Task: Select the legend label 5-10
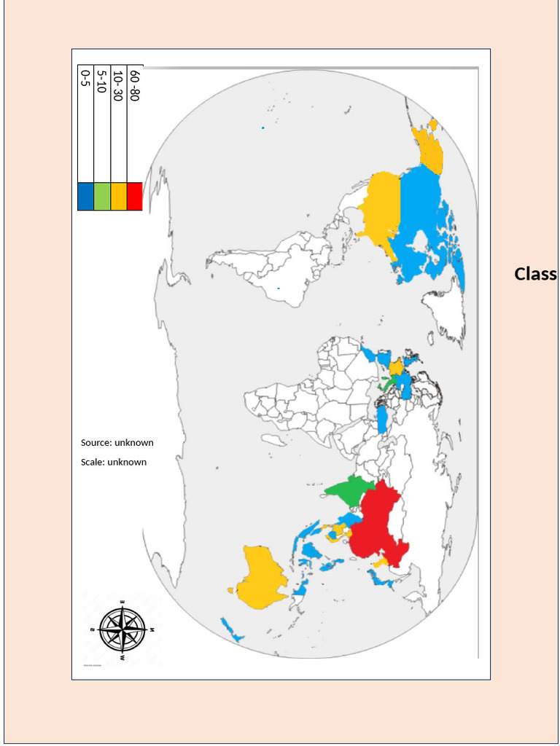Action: click(x=101, y=82)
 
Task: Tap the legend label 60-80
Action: click(x=133, y=85)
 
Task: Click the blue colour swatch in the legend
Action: click(x=85, y=196)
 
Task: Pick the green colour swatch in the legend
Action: click(x=101, y=196)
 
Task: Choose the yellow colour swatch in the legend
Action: click(x=118, y=196)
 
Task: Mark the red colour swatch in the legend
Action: click(x=134, y=196)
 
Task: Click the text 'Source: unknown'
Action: click(x=117, y=442)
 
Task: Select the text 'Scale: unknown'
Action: click(x=113, y=462)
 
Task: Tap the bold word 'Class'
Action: click(x=535, y=274)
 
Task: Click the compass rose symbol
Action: click(x=122, y=629)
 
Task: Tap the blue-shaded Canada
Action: click(x=423, y=219)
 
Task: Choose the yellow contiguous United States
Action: click(x=379, y=208)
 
